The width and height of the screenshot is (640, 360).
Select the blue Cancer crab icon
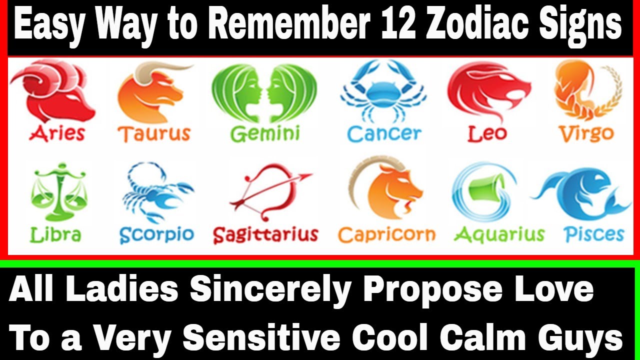[383, 91]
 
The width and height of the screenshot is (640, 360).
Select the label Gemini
[265, 133]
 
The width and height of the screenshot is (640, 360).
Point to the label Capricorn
[386, 235]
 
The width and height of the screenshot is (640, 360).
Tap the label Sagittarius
[265, 235]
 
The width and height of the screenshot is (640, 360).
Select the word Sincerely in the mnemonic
[270, 290]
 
